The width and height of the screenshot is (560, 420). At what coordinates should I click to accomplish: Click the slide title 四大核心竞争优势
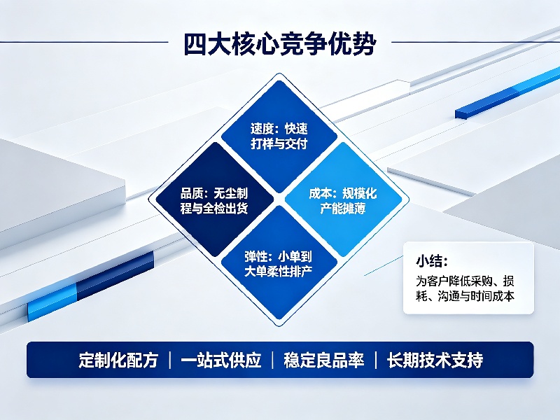point(279,44)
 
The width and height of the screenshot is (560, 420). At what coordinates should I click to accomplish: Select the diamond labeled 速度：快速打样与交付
point(279,136)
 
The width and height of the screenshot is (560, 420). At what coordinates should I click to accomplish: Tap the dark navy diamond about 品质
point(214,199)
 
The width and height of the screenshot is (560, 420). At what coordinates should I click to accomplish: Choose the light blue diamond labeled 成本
point(343,199)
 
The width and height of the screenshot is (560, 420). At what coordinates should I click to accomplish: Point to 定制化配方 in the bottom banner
point(118,360)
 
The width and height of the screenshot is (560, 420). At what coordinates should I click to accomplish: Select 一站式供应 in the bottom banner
point(221,360)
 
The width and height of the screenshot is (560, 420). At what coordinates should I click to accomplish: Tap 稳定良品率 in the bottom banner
point(324,360)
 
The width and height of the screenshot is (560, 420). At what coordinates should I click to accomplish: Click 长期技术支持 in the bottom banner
point(435,360)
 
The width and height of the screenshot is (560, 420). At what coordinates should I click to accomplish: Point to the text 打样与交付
point(279,144)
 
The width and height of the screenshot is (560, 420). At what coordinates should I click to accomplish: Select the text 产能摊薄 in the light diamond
point(343,209)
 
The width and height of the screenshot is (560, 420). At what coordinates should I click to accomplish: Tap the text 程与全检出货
point(214,209)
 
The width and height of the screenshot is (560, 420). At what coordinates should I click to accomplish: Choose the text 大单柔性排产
point(279,272)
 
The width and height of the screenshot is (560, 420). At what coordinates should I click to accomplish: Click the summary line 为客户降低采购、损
point(465,281)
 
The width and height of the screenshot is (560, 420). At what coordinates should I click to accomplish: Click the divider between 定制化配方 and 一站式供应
point(169,360)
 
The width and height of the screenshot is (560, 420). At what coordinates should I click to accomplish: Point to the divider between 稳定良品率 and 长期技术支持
point(376,360)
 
